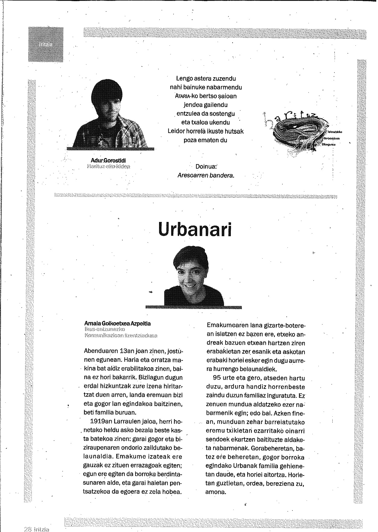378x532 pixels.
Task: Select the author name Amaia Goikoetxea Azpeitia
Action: [117, 323]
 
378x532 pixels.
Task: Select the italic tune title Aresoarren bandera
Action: [206, 175]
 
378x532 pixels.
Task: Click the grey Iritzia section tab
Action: [46, 44]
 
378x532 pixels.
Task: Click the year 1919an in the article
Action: [101, 421]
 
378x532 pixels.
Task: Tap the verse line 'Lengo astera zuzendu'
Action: [206, 79]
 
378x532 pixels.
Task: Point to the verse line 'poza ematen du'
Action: [205, 140]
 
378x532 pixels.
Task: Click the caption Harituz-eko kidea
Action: [108, 167]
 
